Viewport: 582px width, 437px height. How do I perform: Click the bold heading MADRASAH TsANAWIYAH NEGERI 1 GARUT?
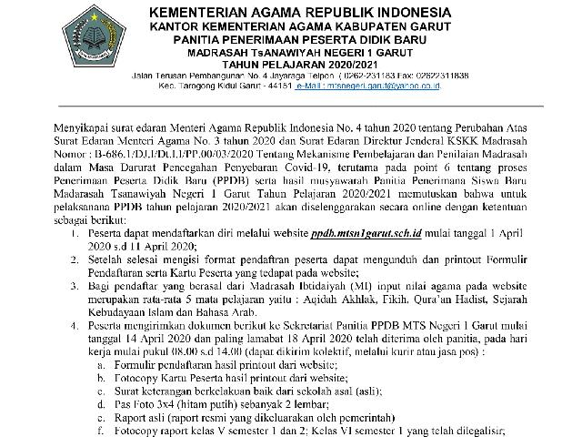(291, 53)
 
